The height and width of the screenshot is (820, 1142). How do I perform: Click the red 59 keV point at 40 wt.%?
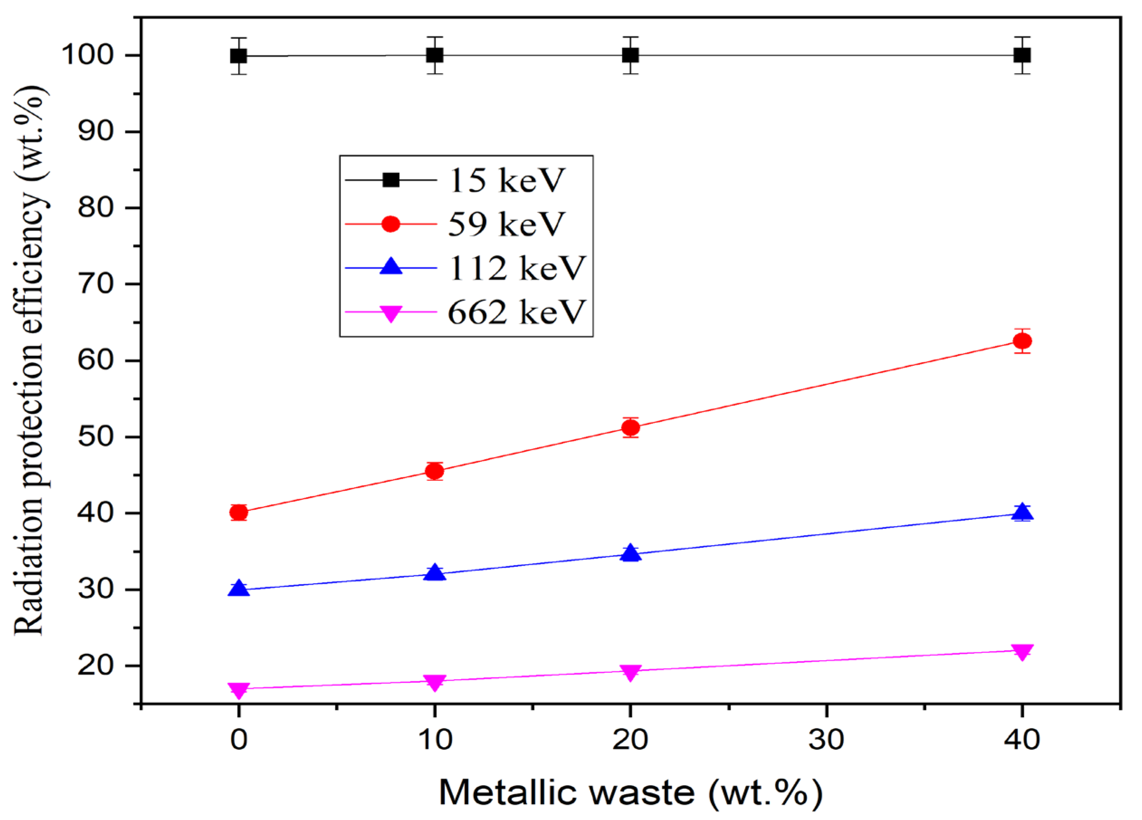tap(1022, 341)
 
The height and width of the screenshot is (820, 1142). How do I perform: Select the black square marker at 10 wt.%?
tap(435, 55)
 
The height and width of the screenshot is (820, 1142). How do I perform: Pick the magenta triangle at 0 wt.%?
tap(239, 690)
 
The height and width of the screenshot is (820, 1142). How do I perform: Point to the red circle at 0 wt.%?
tap(239, 512)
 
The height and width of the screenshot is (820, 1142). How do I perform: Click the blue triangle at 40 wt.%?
tap(1022, 512)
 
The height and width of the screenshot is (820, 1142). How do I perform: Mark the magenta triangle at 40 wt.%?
tap(1022, 651)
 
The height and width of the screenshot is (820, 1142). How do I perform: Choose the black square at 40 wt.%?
tap(1022, 55)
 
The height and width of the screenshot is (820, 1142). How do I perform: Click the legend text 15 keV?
tap(506, 180)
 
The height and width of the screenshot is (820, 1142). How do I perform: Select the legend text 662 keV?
tap(516, 312)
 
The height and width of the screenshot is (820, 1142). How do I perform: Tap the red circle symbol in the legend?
tap(391, 224)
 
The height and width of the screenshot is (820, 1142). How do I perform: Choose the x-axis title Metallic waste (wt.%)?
tap(631, 793)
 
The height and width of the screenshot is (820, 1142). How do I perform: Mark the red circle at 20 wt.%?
tap(631, 427)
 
